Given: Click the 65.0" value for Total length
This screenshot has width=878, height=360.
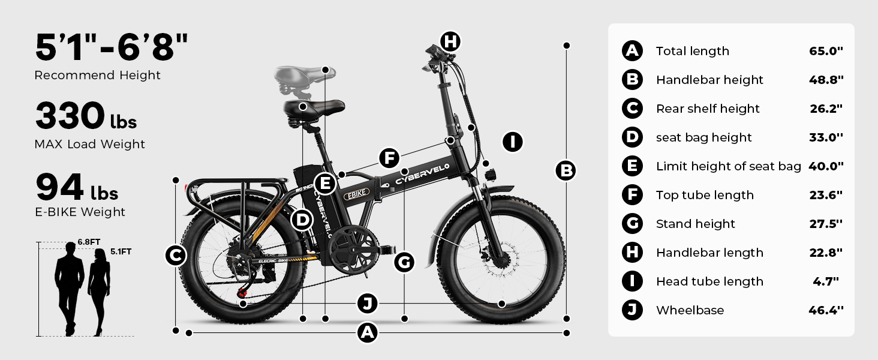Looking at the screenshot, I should (826, 51).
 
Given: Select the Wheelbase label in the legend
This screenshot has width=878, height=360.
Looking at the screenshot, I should (690, 310).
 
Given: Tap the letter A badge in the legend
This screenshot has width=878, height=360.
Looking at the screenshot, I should (632, 51).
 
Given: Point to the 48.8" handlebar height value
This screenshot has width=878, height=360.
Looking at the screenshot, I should (826, 80).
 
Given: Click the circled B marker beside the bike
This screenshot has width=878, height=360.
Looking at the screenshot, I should (566, 171).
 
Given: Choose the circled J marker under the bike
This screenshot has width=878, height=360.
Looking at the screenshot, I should (367, 304).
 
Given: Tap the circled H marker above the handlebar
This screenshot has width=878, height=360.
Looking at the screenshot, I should (450, 41).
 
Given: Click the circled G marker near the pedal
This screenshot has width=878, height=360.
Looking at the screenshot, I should (405, 262).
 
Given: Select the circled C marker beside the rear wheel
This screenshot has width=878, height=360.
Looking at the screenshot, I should (175, 256).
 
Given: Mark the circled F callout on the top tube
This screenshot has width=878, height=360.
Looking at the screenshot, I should (389, 158).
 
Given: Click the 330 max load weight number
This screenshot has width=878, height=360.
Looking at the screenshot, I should (70, 116).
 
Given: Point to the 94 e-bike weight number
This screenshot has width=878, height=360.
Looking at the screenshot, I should (59, 187).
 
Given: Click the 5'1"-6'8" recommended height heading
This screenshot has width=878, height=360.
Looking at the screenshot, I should (112, 47).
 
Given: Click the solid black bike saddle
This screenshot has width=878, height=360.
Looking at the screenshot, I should (314, 109).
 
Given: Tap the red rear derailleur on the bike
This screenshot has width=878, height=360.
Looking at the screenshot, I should (242, 293).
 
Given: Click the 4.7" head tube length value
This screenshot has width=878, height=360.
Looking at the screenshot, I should (826, 281).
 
